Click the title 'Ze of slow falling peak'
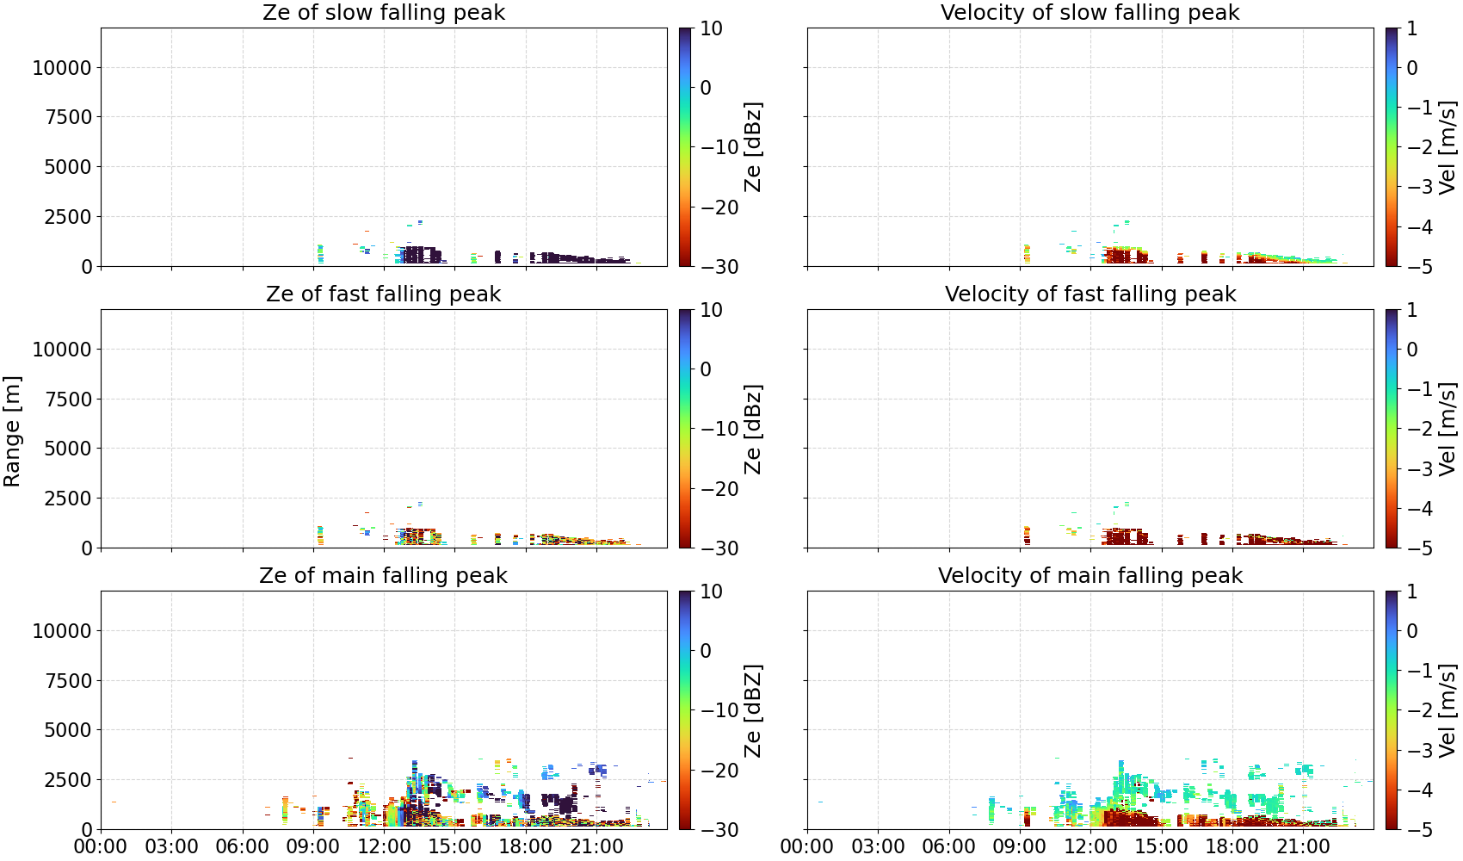coord(383,12)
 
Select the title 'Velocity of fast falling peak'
coord(1090,294)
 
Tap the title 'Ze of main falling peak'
coord(383,575)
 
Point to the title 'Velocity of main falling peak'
coord(1090,575)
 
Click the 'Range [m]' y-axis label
coord(12,431)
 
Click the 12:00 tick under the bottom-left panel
coord(383,846)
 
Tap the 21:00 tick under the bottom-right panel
coord(1303,846)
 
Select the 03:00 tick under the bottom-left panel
coord(171,846)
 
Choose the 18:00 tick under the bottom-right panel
coord(1232,846)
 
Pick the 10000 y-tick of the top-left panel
coord(62,67)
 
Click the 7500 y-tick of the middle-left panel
coord(68,400)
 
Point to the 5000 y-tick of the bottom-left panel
coord(68,730)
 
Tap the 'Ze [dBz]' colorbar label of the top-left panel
coord(752,147)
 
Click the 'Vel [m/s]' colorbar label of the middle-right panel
coord(1447,429)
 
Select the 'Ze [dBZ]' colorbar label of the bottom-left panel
coord(752,710)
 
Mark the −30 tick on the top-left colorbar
coord(719,267)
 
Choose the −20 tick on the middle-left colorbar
coord(719,489)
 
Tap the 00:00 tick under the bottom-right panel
coord(807,846)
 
